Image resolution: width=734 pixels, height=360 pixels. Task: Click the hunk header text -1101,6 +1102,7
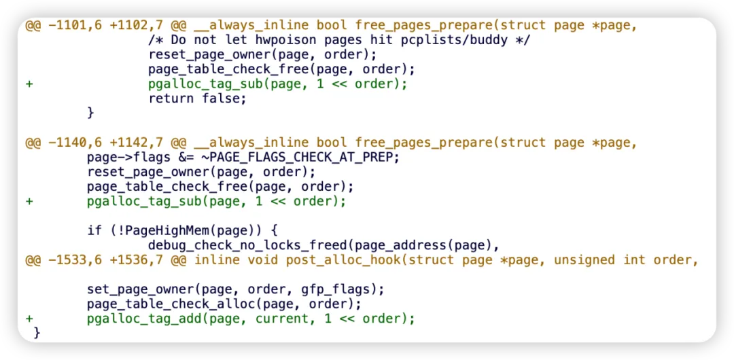click(106, 26)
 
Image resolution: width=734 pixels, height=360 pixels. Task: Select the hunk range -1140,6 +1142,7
click(106, 143)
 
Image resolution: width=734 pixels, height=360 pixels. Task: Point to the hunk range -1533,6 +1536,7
click(106, 260)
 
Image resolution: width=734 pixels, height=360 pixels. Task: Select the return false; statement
click(197, 98)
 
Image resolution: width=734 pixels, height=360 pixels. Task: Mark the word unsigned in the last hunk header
click(584, 260)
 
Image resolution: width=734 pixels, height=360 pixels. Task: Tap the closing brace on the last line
click(37, 333)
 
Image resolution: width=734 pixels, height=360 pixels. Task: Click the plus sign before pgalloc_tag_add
click(29, 319)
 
